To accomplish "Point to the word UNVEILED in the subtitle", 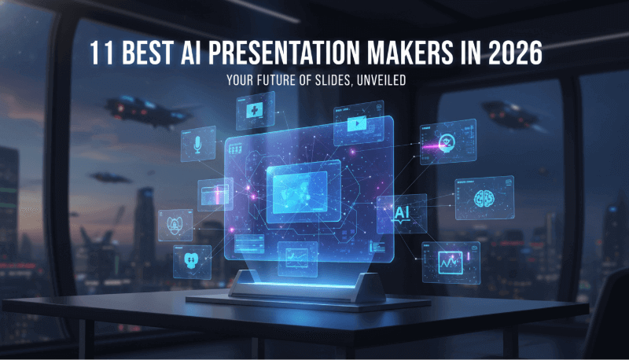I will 377,80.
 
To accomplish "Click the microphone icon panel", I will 197,146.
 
